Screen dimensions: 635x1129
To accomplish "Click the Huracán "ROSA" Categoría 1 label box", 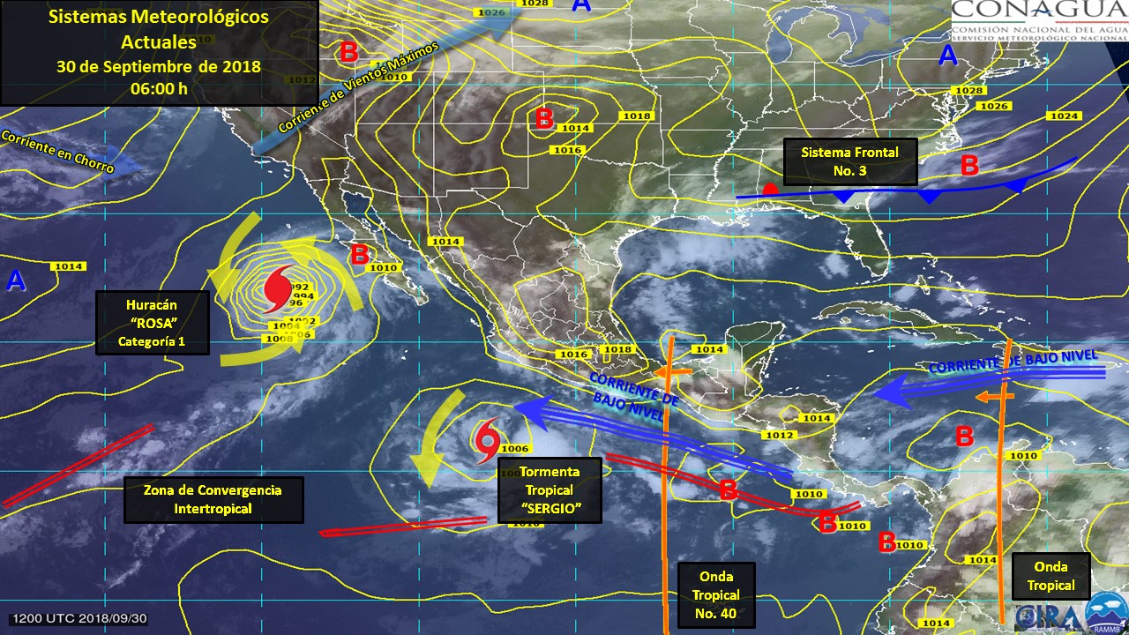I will (152, 323).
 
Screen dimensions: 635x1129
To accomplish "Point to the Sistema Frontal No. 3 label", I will (849, 161).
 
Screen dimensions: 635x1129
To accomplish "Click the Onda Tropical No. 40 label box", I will (717, 594).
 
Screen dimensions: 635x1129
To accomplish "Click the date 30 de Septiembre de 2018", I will (159, 67).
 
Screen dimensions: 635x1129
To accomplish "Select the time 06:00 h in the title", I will (159, 88).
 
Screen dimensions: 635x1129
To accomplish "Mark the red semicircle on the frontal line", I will (770, 190).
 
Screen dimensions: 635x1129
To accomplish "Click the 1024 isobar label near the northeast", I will (1065, 116).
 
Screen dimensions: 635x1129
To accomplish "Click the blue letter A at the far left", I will (15, 281).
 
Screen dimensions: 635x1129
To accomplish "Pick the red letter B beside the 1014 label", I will (544, 118).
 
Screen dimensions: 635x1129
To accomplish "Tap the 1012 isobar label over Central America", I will (779, 435).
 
